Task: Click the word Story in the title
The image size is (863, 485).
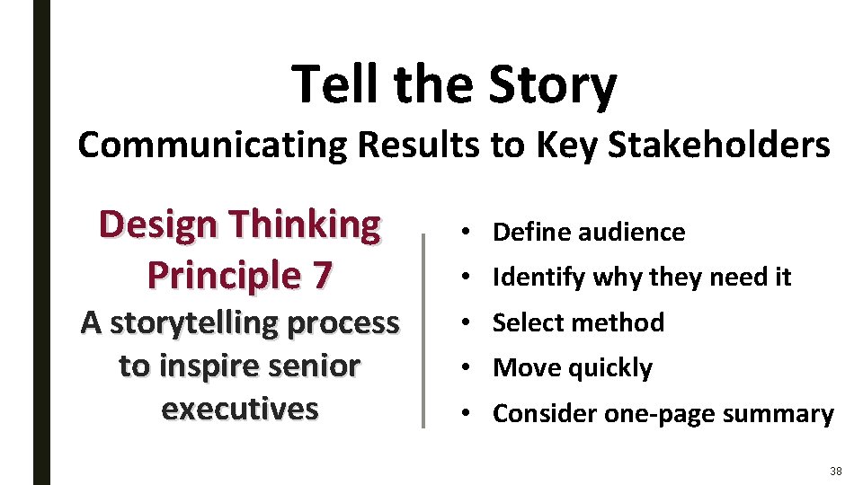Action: (x=553, y=84)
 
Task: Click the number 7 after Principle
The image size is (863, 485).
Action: (x=322, y=275)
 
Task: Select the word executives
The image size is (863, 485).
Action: (x=240, y=409)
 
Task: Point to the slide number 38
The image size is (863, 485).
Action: (x=835, y=472)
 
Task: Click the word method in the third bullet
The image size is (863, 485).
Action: (x=621, y=322)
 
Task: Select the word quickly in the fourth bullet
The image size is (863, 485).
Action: (x=609, y=368)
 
